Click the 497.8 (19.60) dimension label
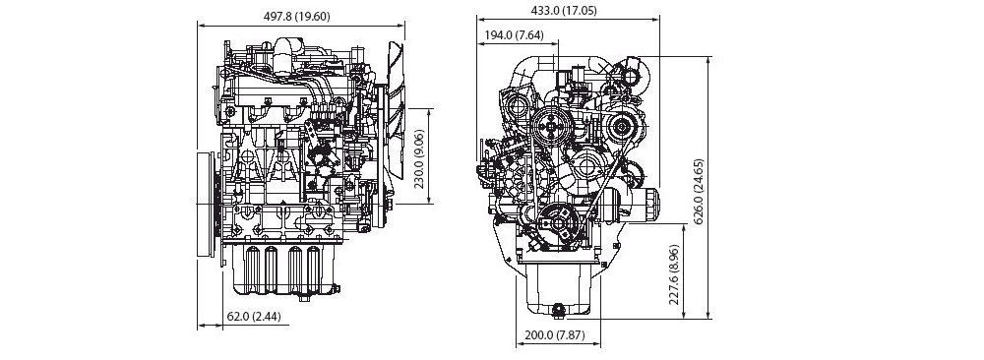pyautogui.click(x=297, y=17)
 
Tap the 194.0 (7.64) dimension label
pyautogui.click(x=514, y=35)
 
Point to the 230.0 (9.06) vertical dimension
pyautogui.click(x=420, y=159)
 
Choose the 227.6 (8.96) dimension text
pyautogui.click(x=674, y=274)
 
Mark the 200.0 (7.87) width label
pyautogui.click(x=555, y=334)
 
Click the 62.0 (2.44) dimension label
pyautogui.click(x=257, y=317)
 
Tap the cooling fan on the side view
pyautogui.click(x=397, y=119)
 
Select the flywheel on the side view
pyautogui.click(x=205, y=204)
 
